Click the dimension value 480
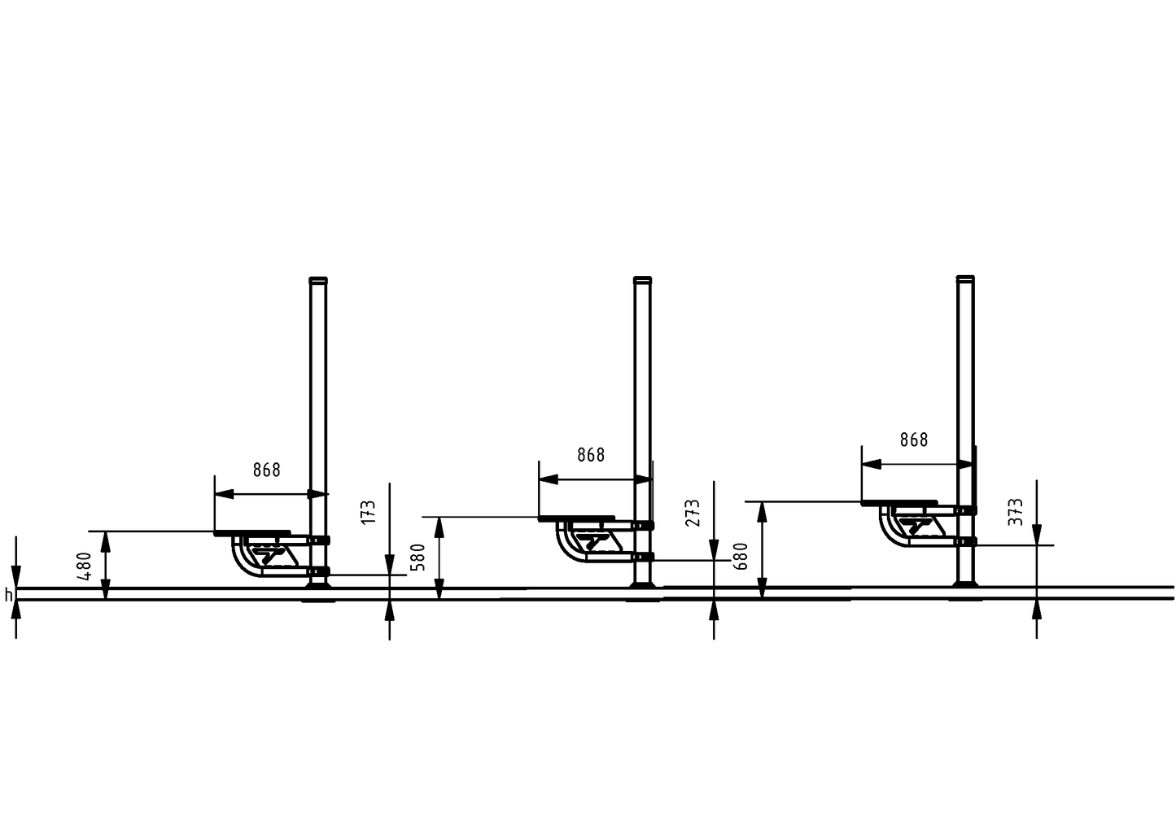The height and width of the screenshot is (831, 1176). [x=85, y=566]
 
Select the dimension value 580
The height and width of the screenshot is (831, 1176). [x=418, y=558]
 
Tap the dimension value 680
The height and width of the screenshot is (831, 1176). [x=741, y=557]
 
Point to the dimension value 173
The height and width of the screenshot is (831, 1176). [x=369, y=512]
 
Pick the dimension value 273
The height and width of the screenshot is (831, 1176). [x=693, y=512]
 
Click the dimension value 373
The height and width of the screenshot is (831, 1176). [x=1016, y=511]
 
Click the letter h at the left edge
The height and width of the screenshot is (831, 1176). [x=8, y=595]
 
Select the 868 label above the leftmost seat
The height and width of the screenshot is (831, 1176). [x=267, y=470]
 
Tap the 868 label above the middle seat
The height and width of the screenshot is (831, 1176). [x=591, y=455]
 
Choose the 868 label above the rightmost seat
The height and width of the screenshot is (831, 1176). [x=914, y=440]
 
